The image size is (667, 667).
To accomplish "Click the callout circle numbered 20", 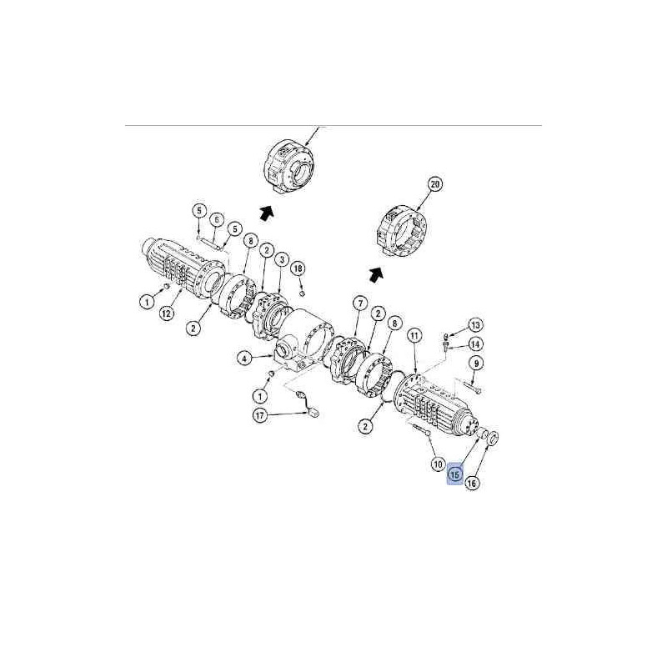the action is tap(434, 185).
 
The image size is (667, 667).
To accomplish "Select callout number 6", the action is tap(217, 220).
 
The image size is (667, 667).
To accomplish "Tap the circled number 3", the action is tap(281, 259).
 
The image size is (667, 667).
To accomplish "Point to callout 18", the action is tap(298, 268).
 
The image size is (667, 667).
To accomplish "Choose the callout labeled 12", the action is tap(167, 314).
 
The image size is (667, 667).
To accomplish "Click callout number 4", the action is tap(244, 359).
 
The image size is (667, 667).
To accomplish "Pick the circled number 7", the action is tap(360, 303).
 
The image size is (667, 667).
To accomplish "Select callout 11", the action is tap(414, 336).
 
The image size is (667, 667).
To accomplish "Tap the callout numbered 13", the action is tap(475, 325).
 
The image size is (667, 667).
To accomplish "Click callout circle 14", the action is tap(475, 344).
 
